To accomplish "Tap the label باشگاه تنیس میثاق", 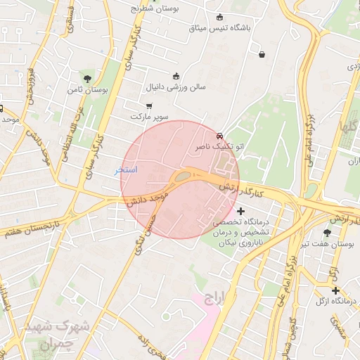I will [x=220, y=29].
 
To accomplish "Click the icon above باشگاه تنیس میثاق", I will [x=220, y=18].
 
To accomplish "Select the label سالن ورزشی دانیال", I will [x=175, y=88].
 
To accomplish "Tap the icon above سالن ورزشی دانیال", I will [x=175, y=76].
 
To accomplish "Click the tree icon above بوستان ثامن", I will [x=87, y=79].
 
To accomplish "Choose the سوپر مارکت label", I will [x=149, y=116].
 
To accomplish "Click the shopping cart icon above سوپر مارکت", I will [x=149, y=105].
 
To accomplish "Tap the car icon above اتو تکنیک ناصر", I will [x=220, y=136].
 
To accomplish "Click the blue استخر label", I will [x=127, y=170].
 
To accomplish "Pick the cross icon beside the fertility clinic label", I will [x=241, y=211].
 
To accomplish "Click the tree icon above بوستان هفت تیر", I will [x=327, y=232].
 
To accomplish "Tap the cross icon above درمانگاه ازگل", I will [x=335, y=290].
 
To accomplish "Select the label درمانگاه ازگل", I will [x=335, y=302].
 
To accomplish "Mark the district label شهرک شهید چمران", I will [x=56, y=335].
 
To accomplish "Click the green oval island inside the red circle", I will [x=181, y=176].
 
